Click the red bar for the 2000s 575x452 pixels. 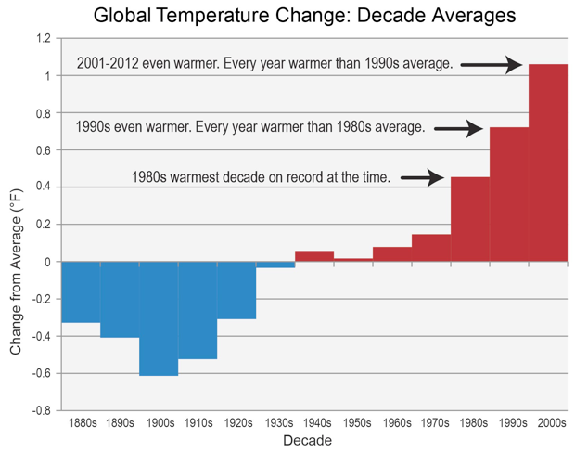pos(547,162)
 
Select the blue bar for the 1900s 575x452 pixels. pos(159,318)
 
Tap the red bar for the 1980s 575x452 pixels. pos(469,219)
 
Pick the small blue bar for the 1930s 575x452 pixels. pos(275,265)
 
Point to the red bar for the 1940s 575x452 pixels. pos(314,256)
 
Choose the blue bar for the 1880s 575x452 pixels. pos(81,291)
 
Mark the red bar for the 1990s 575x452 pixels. pos(508,194)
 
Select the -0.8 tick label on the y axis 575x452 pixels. pos(42,410)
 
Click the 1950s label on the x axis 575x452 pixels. pos(353,423)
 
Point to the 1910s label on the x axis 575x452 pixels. pos(198,423)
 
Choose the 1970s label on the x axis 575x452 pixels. pos(431,423)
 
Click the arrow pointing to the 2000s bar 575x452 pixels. pos(492,65)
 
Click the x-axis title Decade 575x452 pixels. pos(307,440)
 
